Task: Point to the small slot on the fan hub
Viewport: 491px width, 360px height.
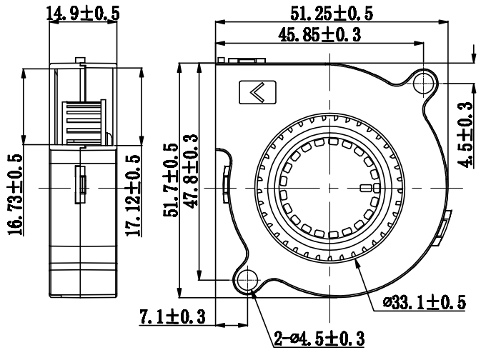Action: (367, 189)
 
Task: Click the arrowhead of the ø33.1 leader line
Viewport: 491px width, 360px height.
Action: (354, 261)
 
